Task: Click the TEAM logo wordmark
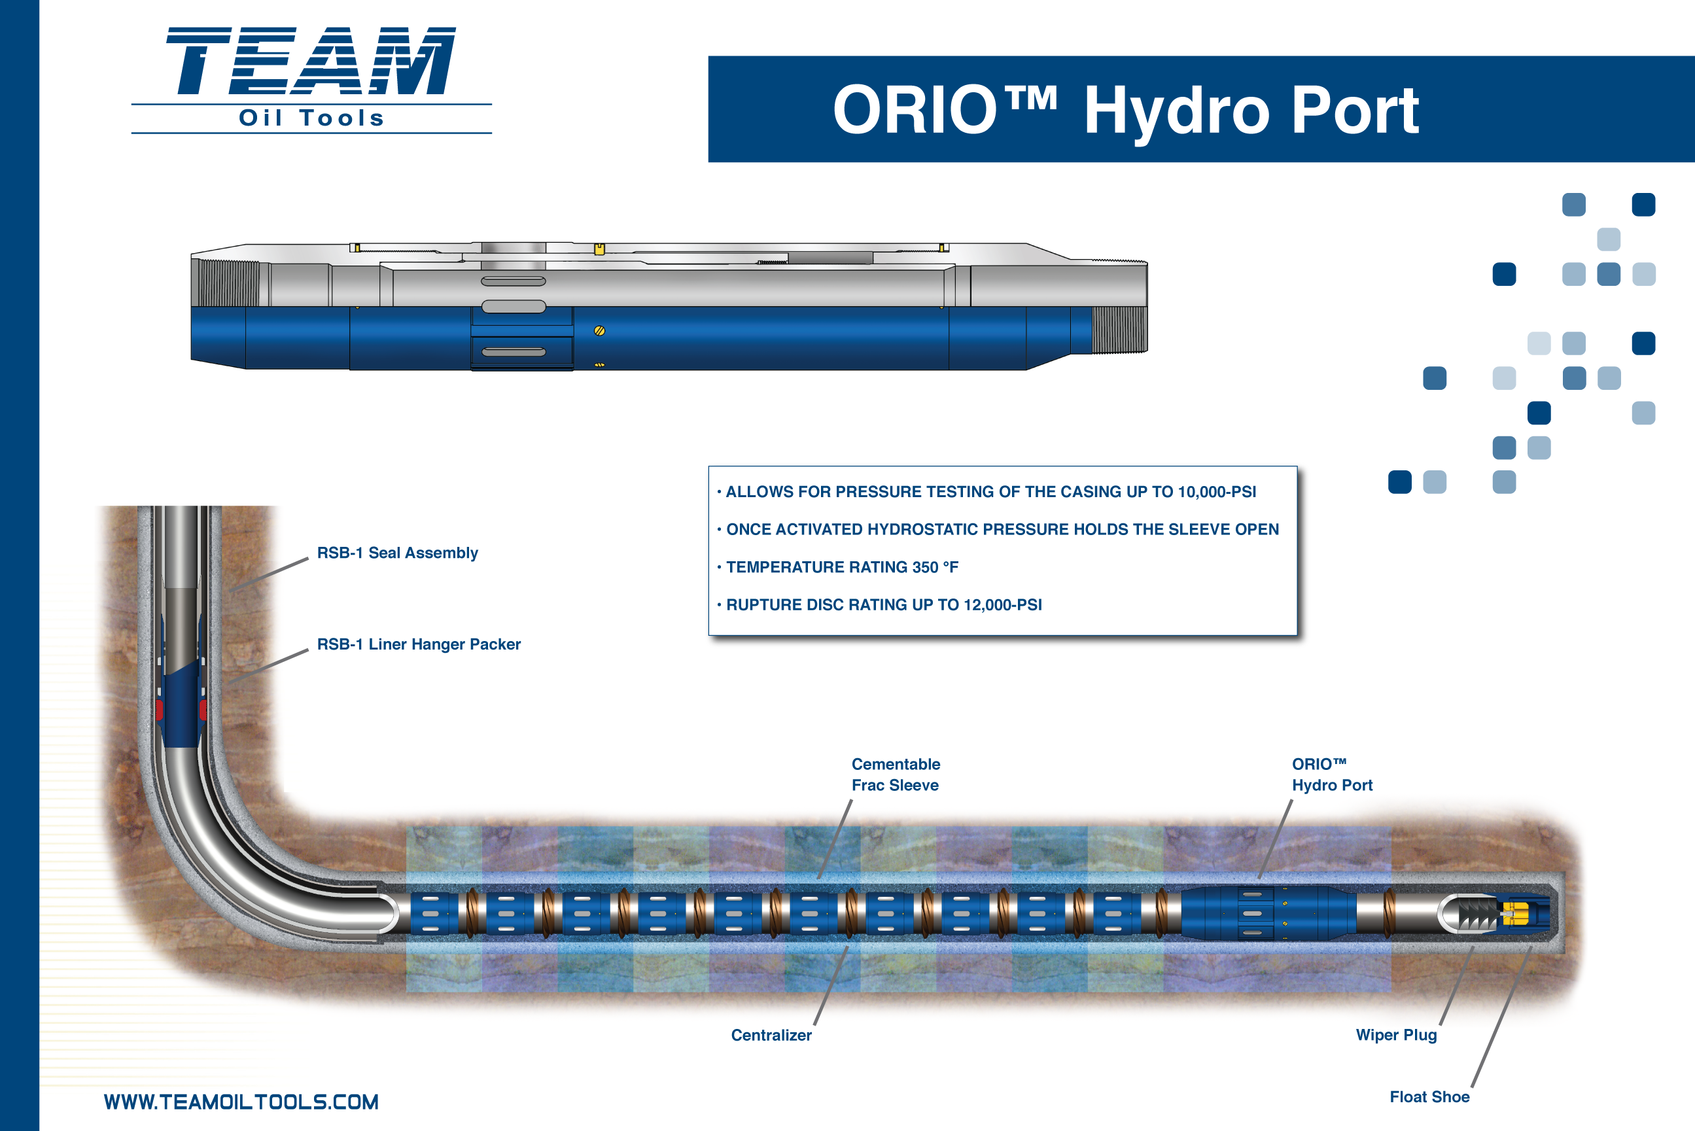pos(311,61)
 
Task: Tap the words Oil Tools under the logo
pos(311,118)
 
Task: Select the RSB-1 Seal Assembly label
pos(398,553)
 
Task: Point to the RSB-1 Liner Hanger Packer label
pos(418,644)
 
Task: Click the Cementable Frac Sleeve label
pos(896,774)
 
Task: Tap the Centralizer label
pos(771,1035)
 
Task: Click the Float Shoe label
pos(1429,1097)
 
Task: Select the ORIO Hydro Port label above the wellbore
pos(1331,774)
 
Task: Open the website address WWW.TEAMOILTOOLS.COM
pos(241,1102)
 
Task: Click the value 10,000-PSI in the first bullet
pos(1217,492)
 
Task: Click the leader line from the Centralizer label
pos(831,985)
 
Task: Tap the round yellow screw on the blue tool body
pos(599,331)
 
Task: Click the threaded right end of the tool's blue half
pos(1119,330)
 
